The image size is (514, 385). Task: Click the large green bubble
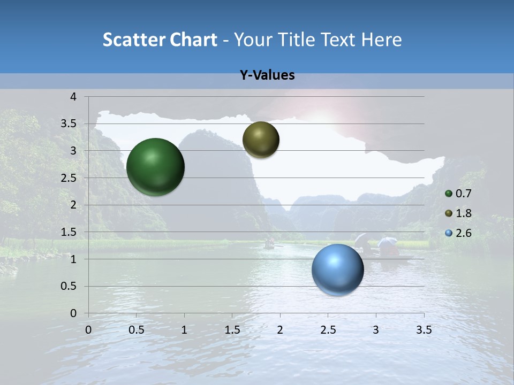point(155,167)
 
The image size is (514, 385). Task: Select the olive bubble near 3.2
point(261,140)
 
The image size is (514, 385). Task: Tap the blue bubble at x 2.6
point(337,270)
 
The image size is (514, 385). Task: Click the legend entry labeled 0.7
point(463,194)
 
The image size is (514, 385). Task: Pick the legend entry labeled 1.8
point(463,213)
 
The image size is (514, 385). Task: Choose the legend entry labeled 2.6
point(463,233)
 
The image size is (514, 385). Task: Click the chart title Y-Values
point(267,75)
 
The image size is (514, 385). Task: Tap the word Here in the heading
point(381,40)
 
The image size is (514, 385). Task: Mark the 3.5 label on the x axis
point(424,330)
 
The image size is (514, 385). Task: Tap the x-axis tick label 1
point(184,330)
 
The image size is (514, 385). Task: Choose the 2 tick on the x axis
point(280,330)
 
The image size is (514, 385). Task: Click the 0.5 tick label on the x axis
point(136,330)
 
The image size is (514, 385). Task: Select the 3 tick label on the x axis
point(376,330)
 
